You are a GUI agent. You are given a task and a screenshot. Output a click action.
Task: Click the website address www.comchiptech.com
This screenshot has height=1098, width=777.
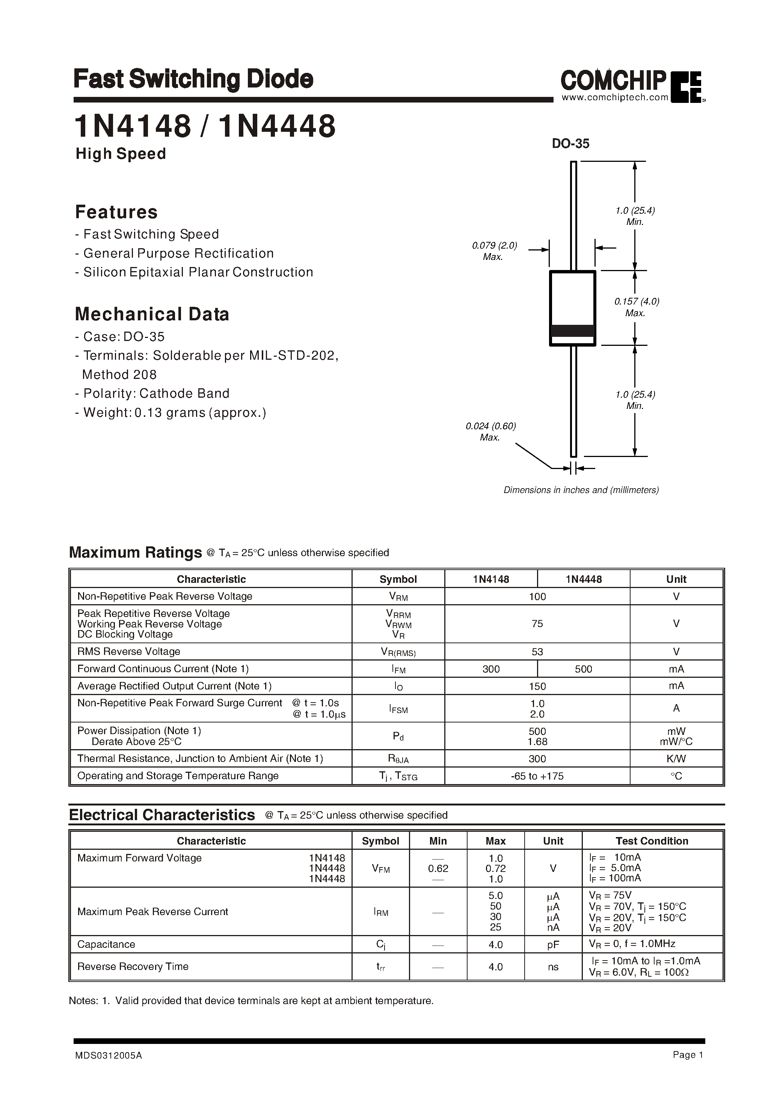615,98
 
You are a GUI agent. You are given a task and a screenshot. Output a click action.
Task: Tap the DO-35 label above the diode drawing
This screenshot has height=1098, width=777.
570,143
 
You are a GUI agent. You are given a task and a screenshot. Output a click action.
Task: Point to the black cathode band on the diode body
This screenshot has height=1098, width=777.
572,330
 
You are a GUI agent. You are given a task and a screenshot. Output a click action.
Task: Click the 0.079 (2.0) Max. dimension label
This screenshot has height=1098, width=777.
494,251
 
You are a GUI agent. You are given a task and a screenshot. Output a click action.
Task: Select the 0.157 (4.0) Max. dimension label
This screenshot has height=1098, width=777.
636,307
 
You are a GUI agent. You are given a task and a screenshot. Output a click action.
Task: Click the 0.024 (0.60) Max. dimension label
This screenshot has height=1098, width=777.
490,431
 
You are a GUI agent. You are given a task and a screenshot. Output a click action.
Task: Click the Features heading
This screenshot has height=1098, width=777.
116,212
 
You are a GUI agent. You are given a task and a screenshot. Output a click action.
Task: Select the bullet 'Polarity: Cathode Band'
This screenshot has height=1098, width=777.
152,393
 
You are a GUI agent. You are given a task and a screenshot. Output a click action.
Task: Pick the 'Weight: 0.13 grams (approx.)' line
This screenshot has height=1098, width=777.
170,412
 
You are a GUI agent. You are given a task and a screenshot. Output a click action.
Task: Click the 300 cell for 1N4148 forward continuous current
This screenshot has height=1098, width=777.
491,669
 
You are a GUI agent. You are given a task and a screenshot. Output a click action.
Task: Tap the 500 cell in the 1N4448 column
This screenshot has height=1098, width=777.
583,669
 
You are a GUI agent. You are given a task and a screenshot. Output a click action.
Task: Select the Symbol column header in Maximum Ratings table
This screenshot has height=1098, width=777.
398,579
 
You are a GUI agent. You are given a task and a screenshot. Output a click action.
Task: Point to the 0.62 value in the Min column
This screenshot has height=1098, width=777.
438,868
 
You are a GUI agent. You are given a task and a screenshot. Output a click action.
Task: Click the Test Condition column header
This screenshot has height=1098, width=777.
652,841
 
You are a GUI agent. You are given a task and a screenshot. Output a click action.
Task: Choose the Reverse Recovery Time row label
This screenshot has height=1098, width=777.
133,967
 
